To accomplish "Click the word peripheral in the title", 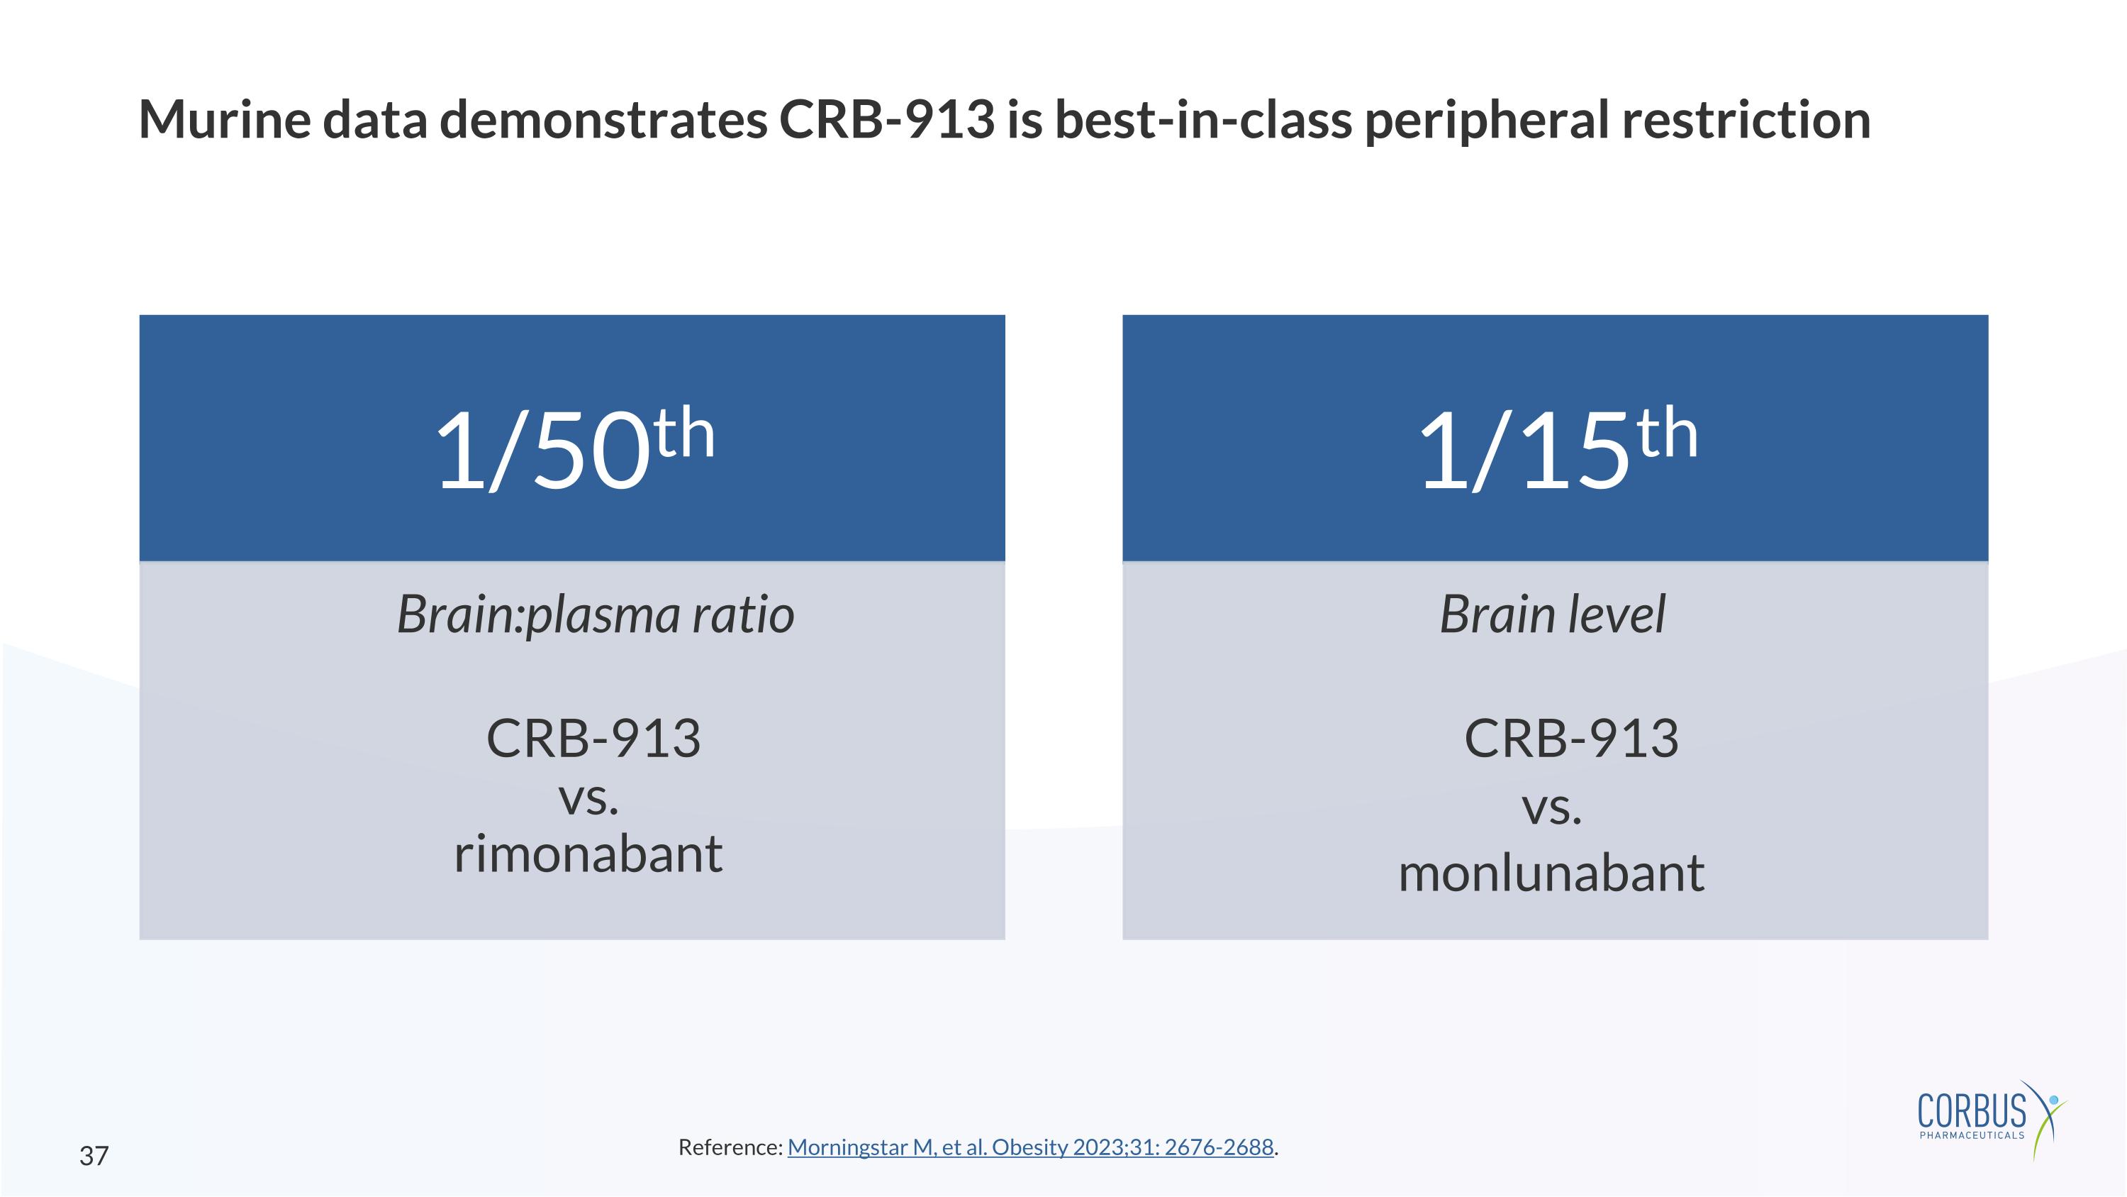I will (1486, 121).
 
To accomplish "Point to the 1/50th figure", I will (573, 451).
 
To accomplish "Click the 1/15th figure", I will (1556, 451).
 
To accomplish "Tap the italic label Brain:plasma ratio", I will (596, 614).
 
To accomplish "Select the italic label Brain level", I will (1552, 614).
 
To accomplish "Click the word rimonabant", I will (588, 854).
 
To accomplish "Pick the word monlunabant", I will (1551, 874).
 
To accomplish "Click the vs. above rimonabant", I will (588, 798).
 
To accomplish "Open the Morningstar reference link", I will (1029, 1147).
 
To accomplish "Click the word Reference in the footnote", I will (729, 1147).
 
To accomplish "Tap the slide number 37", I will (94, 1156).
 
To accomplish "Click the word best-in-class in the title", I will (1203, 119).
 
